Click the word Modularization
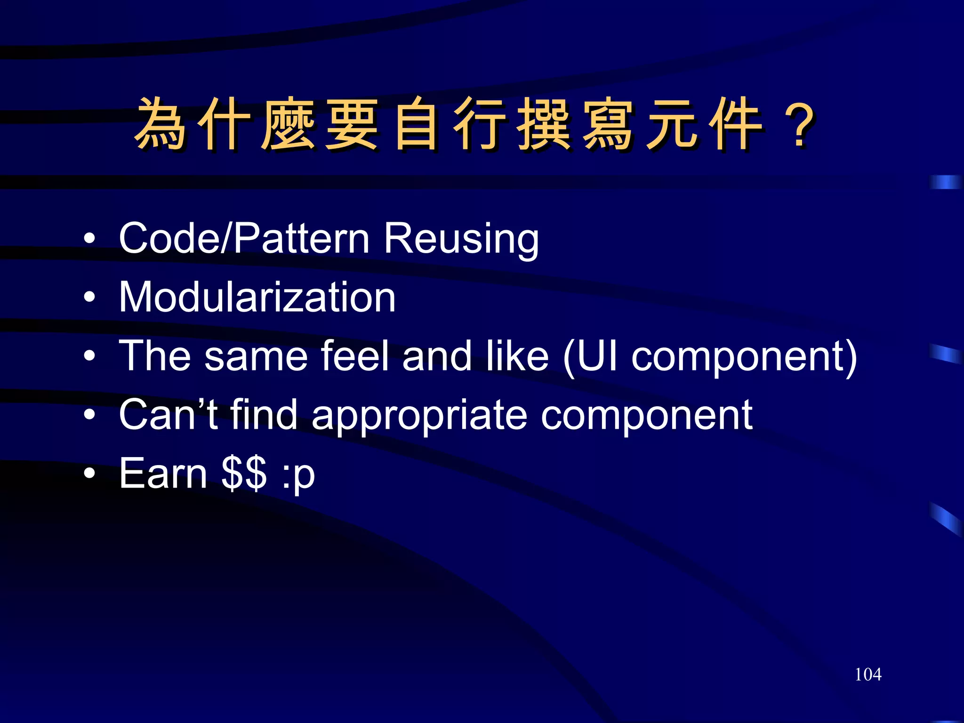click(257, 297)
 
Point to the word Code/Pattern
click(244, 238)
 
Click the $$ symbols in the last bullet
click(244, 473)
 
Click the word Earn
click(163, 473)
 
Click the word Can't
click(168, 414)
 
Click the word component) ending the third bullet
click(744, 358)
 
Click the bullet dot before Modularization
click(89, 297)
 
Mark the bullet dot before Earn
click(89, 474)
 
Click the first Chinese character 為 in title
click(161, 124)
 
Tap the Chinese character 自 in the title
click(416, 124)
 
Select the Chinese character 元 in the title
click(672, 124)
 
